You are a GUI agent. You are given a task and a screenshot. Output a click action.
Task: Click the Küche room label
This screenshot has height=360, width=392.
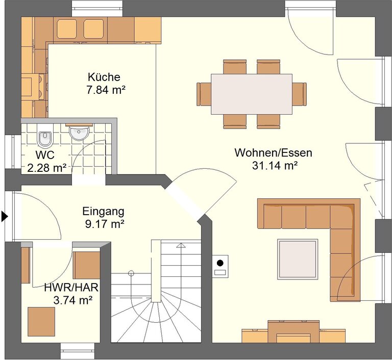coord(104,77)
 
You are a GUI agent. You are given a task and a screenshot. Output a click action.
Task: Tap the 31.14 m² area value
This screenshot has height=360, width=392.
coord(275,165)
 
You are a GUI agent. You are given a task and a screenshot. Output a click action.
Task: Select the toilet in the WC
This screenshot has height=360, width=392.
coord(45,136)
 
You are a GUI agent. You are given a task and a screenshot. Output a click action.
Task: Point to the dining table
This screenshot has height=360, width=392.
coord(252,94)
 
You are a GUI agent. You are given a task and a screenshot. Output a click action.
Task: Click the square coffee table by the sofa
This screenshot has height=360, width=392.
coord(298,259)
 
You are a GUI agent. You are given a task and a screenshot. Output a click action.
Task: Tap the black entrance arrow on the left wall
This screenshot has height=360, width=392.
coord(5,216)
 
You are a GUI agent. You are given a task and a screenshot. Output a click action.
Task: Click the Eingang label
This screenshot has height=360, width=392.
coord(103,212)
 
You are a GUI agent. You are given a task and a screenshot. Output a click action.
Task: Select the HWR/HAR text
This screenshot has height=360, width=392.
coord(71,288)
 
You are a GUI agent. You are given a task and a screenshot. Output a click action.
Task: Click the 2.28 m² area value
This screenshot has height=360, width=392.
coord(47,168)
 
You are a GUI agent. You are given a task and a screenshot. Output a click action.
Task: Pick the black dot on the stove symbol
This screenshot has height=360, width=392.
coord(220,263)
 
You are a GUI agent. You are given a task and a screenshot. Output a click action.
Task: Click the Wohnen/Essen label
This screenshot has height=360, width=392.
coord(273,152)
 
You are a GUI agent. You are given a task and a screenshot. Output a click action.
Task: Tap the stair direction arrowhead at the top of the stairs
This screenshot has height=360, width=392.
coord(180,245)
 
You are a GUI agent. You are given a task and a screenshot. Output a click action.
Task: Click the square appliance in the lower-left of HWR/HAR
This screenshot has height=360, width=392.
coord(41,322)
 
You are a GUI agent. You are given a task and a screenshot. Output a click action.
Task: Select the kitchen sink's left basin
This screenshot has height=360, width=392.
coord(67,29)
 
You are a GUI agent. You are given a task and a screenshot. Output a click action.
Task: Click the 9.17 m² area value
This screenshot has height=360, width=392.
coord(105,224)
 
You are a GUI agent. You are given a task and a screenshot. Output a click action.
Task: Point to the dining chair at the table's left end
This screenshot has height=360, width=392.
coord(204,94)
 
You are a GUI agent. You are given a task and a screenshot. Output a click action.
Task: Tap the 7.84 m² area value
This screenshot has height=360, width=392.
coord(106,90)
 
